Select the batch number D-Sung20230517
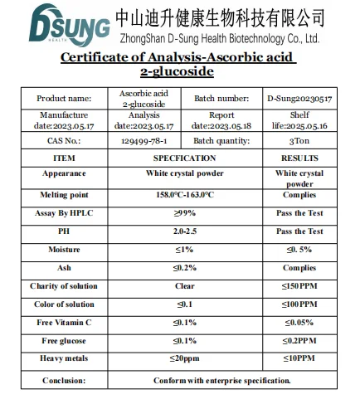point(299,98)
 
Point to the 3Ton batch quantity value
point(299,142)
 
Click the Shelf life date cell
point(299,120)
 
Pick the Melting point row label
point(64,195)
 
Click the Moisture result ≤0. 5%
point(299,250)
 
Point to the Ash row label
point(64,268)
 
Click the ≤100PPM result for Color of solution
point(299,304)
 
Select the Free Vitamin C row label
point(64,323)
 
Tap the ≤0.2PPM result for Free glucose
point(299,341)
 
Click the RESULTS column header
point(299,158)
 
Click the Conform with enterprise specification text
point(221,380)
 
